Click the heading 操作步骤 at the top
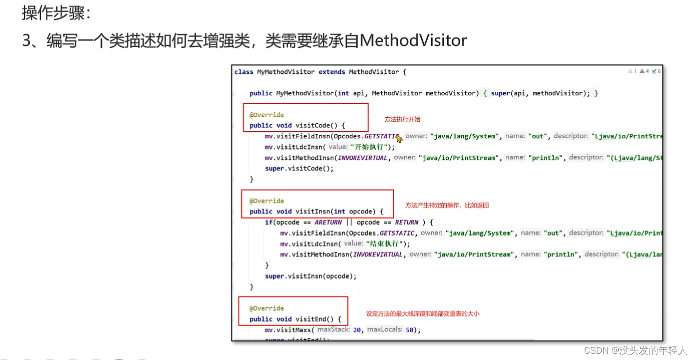[56, 13]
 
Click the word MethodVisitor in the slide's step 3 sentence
[413, 41]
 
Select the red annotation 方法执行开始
[402, 119]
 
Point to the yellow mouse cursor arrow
[399, 139]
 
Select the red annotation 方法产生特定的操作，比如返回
[447, 206]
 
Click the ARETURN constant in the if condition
[328, 222]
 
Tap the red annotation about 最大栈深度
[422, 314]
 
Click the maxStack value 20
[357, 330]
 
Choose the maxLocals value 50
[410, 330]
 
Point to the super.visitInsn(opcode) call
[310, 276]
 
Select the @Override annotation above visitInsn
[266, 201]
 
